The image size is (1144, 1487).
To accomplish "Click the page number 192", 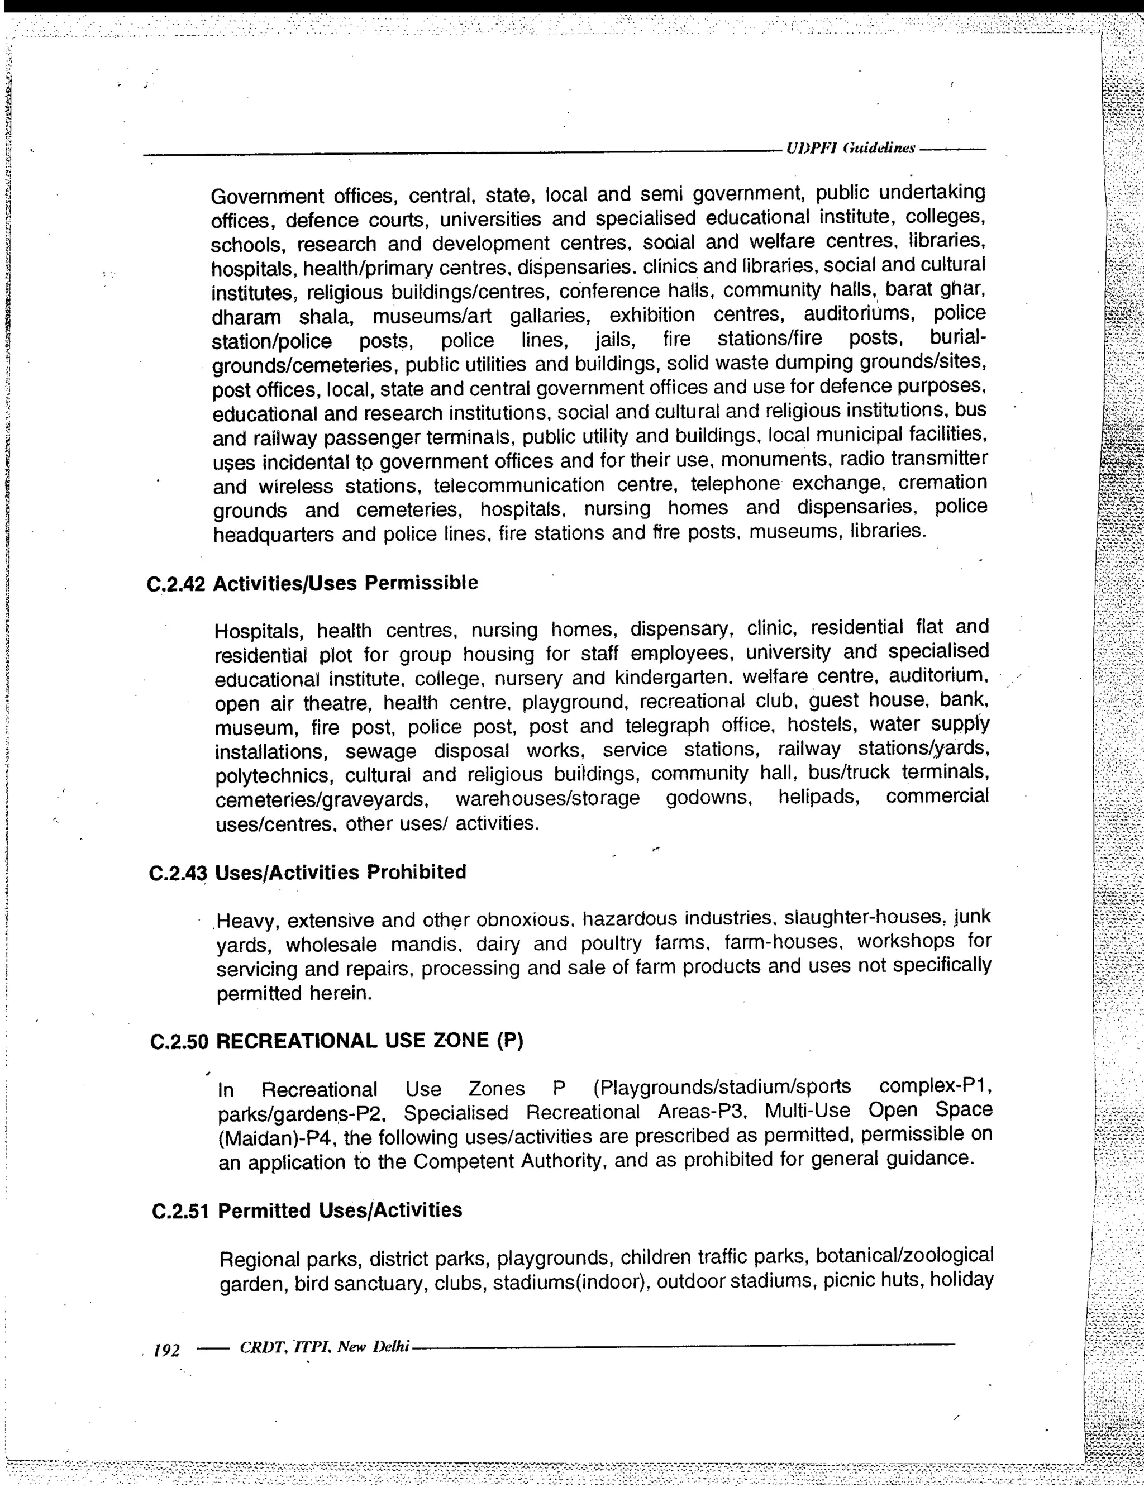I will [x=166, y=1350].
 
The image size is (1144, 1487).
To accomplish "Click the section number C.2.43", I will [x=177, y=874].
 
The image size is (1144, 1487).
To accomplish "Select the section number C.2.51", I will [x=180, y=1211].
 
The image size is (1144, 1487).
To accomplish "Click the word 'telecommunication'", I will [x=519, y=485].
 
